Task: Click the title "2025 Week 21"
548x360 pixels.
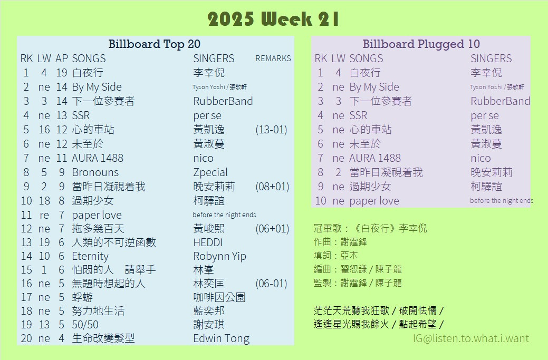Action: pyautogui.click(x=273, y=19)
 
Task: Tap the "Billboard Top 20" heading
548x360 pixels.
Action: pyautogui.click(x=154, y=44)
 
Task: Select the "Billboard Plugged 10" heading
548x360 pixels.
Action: pyautogui.click(x=421, y=44)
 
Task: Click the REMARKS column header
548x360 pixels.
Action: pyautogui.click(x=273, y=59)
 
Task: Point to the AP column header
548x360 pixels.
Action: pyautogui.click(x=62, y=59)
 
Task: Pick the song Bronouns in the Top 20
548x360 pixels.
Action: pyautogui.click(x=95, y=172)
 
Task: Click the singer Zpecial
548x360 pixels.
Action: pyautogui.click(x=210, y=172)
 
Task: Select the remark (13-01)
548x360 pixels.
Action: pyautogui.click(x=271, y=130)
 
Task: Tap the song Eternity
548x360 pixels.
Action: pyautogui.click(x=90, y=256)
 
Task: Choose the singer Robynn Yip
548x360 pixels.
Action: pyautogui.click(x=220, y=256)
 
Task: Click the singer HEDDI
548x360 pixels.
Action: pyautogui.click(x=208, y=242)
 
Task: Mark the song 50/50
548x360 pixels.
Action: pyautogui.click(x=85, y=324)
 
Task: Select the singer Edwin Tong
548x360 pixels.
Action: pyautogui.click(x=221, y=338)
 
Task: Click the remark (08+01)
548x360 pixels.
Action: pyautogui.click(x=272, y=187)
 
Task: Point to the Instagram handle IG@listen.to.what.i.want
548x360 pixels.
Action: pyautogui.click(x=471, y=338)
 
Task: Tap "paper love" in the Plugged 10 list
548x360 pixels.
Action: pyautogui.click(x=374, y=201)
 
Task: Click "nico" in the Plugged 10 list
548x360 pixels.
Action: pyautogui.click(x=480, y=158)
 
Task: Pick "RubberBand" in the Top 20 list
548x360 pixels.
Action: pyautogui.click(x=223, y=101)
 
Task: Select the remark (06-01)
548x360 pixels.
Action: pyautogui.click(x=271, y=284)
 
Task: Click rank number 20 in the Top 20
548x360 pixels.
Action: pyautogui.click(x=26, y=338)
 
